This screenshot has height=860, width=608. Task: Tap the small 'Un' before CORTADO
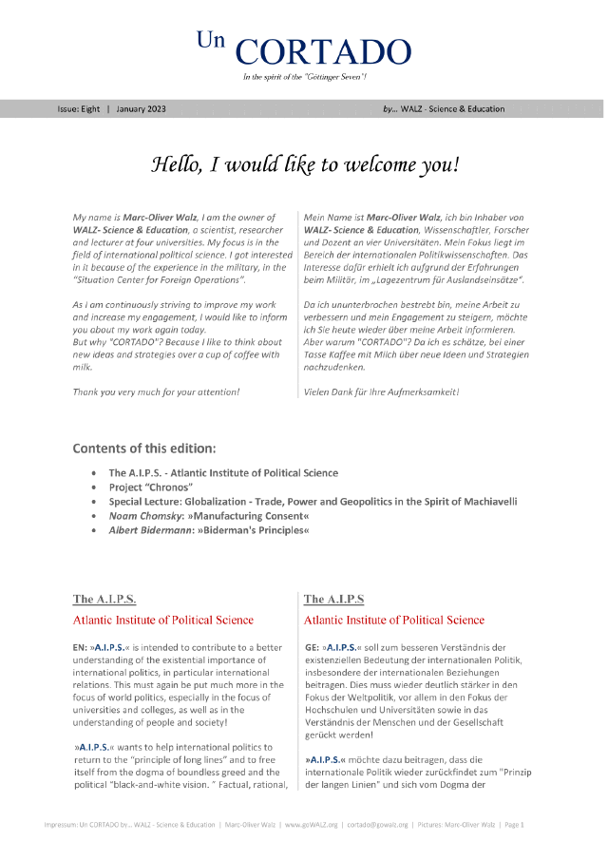pyautogui.click(x=209, y=39)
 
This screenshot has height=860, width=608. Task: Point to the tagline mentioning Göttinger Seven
pyautogui.click(x=304, y=75)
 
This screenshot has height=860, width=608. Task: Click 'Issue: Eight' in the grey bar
pyautogui.click(x=79, y=109)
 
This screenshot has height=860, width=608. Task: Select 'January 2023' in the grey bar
pyautogui.click(x=142, y=109)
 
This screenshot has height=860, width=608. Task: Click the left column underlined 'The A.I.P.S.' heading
pyautogui.click(x=104, y=600)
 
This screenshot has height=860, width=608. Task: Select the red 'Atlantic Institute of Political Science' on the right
pyautogui.click(x=393, y=621)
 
